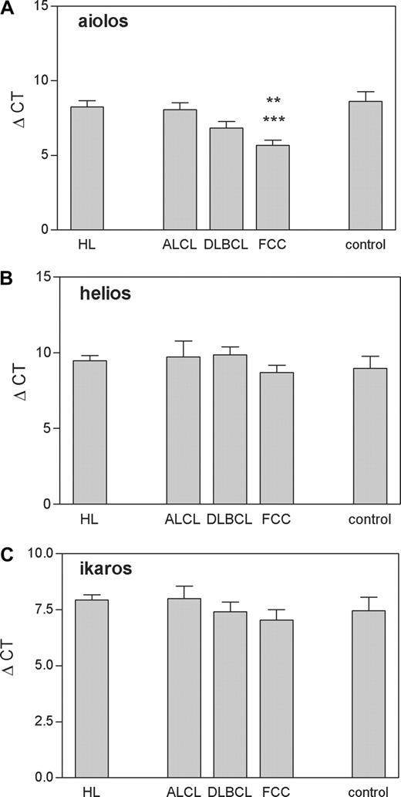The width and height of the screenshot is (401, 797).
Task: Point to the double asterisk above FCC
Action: coord(274,101)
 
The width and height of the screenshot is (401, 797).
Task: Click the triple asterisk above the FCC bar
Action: coord(274,120)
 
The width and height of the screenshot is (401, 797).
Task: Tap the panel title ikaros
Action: coord(101,572)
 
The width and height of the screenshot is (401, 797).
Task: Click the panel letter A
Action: coord(7,7)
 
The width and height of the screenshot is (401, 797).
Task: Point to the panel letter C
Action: coord(7,554)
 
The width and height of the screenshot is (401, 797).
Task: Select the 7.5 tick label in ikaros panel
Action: coord(39,610)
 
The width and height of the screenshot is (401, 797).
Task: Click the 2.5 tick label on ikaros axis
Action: coord(39,721)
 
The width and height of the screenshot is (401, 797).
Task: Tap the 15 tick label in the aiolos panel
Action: coord(44,7)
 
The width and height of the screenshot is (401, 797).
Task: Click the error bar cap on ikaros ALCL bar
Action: coord(183,586)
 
